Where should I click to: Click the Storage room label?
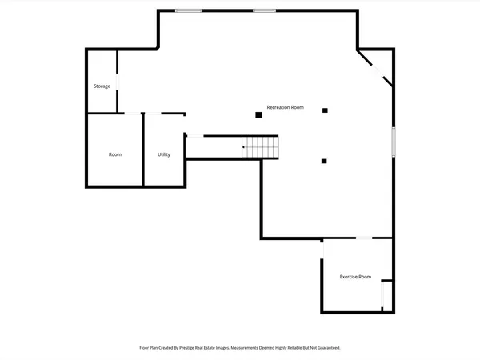(102, 86)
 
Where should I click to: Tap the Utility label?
(163, 154)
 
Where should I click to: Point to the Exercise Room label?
(355, 277)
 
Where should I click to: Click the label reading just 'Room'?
(115, 154)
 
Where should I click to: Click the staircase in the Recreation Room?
(263, 147)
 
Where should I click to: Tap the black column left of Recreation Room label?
(258, 115)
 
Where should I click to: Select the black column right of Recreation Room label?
(324, 110)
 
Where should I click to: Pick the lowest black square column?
(324, 161)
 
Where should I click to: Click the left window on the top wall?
(189, 10)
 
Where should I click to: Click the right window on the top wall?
(265, 10)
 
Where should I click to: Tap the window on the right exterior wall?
(393, 142)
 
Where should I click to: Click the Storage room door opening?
(118, 83)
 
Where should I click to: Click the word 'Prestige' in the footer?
(203, 348)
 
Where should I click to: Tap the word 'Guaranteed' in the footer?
(326, 348)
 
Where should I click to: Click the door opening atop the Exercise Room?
(363, 238)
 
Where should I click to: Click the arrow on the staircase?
(245, 147)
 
